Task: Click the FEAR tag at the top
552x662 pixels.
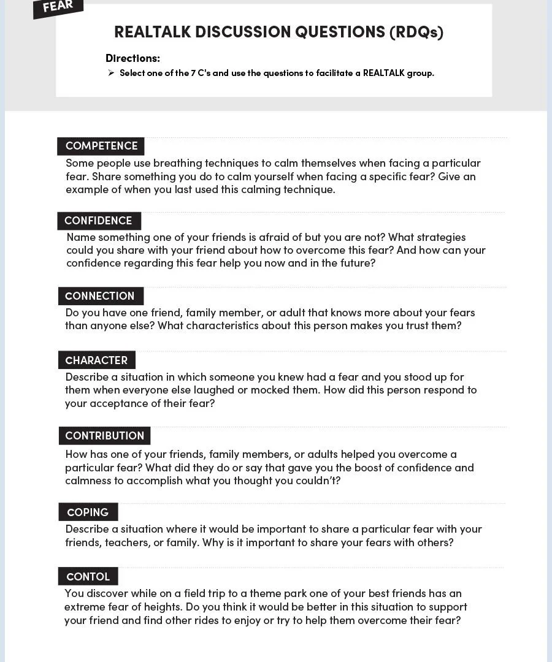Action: point(58,7)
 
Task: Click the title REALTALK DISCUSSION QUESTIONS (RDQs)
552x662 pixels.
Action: point(278,32)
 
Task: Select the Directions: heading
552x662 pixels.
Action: point(132,58)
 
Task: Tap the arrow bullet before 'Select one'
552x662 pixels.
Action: point(111,73)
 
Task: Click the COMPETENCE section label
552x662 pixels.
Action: point(101,146)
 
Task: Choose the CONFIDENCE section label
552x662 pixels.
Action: point(98,221)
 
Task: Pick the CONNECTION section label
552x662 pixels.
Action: point(100,296)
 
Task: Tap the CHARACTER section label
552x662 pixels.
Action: point(96,360)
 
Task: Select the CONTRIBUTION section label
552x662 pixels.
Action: point(104,436)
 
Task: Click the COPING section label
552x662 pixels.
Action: point(88,512)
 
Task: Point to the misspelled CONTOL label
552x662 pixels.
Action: point(88,577)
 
